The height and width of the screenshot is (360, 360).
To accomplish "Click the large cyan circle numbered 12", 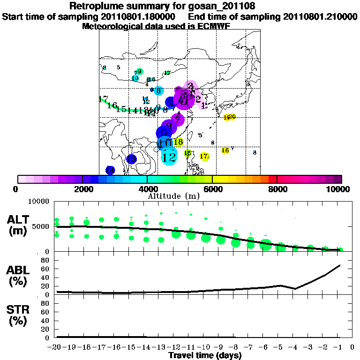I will [x=169, y=156].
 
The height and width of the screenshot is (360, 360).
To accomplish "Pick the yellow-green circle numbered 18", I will [x=178, y=142].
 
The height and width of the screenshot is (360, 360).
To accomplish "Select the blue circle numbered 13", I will [x=132, y=159].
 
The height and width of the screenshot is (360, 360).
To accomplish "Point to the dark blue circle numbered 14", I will [x=110, y=170].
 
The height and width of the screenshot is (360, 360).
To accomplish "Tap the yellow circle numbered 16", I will [x=225, y=150].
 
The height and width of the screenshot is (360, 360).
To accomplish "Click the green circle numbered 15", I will [x=188, y=153].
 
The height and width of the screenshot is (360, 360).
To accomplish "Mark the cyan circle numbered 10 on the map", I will [x=135, y=78].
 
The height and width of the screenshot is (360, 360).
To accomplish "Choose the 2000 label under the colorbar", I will [x=82, y=189].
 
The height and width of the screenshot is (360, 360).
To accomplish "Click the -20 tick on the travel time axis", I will [x=57, y=347].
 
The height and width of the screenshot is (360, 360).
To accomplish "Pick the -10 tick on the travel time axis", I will [x=205, y=347].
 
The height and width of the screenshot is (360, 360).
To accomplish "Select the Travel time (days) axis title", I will [x=205, y=355].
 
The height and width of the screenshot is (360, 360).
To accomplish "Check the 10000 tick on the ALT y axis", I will [x=40, y=202].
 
